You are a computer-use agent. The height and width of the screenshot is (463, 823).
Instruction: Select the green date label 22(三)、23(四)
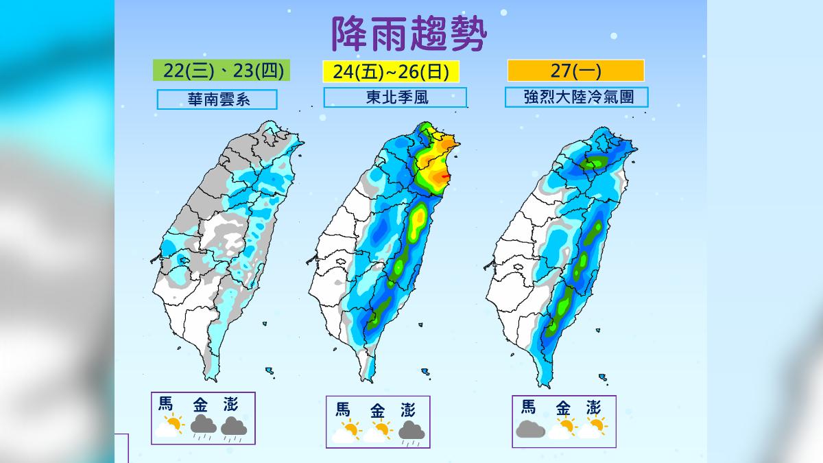[218, 71]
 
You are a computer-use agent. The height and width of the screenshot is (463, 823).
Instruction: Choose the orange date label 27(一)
[575, 71]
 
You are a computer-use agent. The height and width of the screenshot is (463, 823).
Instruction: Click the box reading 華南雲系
[217, 99]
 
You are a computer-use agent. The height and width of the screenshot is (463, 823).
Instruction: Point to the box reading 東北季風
[395, 97]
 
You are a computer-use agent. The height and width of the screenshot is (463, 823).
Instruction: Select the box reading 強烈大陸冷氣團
[576, 97]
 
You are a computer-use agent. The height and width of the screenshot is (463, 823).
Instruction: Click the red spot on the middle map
[446, 176]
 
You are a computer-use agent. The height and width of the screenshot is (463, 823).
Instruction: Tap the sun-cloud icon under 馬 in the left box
[169, 426]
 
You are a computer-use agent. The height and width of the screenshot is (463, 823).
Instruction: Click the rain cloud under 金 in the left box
[203, 427]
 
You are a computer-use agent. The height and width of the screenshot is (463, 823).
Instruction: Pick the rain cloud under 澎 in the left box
[234, 427]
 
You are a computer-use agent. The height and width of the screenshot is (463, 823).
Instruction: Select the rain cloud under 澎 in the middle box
[410, 432]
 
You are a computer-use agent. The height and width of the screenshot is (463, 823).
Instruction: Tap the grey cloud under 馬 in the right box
[530, 429]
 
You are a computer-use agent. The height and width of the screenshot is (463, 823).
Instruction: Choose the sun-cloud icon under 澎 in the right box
[593, 428]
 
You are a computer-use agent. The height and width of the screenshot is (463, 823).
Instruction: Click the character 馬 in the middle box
[343, 410]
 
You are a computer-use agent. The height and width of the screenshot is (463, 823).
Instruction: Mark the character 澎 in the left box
[230, 404]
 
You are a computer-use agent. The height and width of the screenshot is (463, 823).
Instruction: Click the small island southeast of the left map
[270, 372]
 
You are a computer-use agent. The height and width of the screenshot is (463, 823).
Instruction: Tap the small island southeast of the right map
[603, 377]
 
